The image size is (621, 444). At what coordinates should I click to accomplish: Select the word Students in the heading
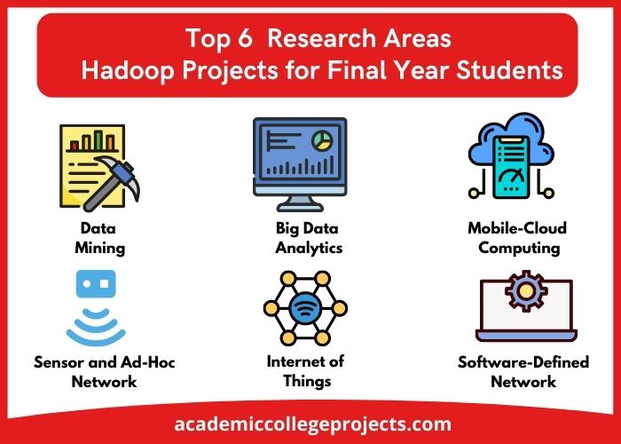pos(510,70)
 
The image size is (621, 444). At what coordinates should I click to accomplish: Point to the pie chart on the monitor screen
pos(322,140)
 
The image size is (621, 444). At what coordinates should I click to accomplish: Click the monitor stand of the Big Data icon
pos(300,203)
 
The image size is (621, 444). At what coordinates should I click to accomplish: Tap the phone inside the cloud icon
pos(511,167)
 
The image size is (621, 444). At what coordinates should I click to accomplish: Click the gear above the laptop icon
pos(526,290)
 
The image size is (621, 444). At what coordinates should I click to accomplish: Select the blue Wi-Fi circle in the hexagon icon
pos(305,308)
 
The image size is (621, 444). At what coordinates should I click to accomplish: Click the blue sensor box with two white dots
pos(96,284)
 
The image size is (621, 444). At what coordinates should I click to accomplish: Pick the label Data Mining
pos(99,238)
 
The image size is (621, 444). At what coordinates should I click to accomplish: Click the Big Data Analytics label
pos(308,238)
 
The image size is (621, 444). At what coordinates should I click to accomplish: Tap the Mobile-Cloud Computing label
pos(517,238)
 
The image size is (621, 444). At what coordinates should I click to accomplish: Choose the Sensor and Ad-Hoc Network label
pos(104,372)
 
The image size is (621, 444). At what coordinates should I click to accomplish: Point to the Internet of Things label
pos(306,371)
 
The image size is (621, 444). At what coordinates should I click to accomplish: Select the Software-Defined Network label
pos(523,372)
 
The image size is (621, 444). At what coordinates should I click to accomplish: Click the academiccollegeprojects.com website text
pos(312,424)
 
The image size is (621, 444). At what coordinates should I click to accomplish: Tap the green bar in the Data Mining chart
pos(98,140)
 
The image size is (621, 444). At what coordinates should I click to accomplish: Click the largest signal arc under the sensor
pos(96,337)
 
